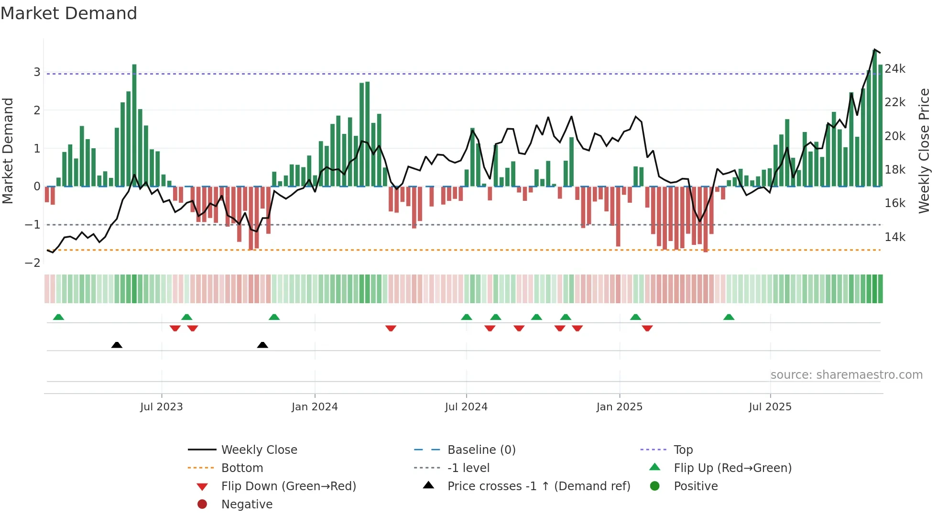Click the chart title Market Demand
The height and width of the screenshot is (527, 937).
(69, 13)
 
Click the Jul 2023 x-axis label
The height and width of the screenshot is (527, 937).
(161, 407)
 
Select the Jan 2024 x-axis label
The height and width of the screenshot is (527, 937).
(315, 407)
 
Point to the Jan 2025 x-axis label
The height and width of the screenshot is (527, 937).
(620, 407)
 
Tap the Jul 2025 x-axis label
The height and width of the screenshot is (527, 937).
(770, 407)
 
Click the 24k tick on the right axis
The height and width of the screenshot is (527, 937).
(895, 69)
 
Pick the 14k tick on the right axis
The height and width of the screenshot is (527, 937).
(895, 237)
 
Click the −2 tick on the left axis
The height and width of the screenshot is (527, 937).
(33, 263)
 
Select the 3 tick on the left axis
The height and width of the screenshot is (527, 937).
(37, 72)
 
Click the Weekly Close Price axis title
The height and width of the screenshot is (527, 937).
(925, 151)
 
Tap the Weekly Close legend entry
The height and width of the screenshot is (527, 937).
(259, 450)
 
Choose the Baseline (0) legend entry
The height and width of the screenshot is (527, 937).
(481, 450)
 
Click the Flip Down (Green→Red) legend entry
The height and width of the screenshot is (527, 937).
(288, 486)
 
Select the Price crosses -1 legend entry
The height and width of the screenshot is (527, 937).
(538, 486)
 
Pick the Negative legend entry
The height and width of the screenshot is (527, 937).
(247, 505)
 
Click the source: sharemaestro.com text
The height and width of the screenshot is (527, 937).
(846, 375)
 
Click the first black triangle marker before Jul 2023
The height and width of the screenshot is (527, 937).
(117, 345)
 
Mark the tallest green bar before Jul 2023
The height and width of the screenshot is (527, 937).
(134, 124)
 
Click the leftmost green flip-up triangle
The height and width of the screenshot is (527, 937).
(58, 317)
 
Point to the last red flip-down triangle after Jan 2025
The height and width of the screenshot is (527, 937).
(647, 328)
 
